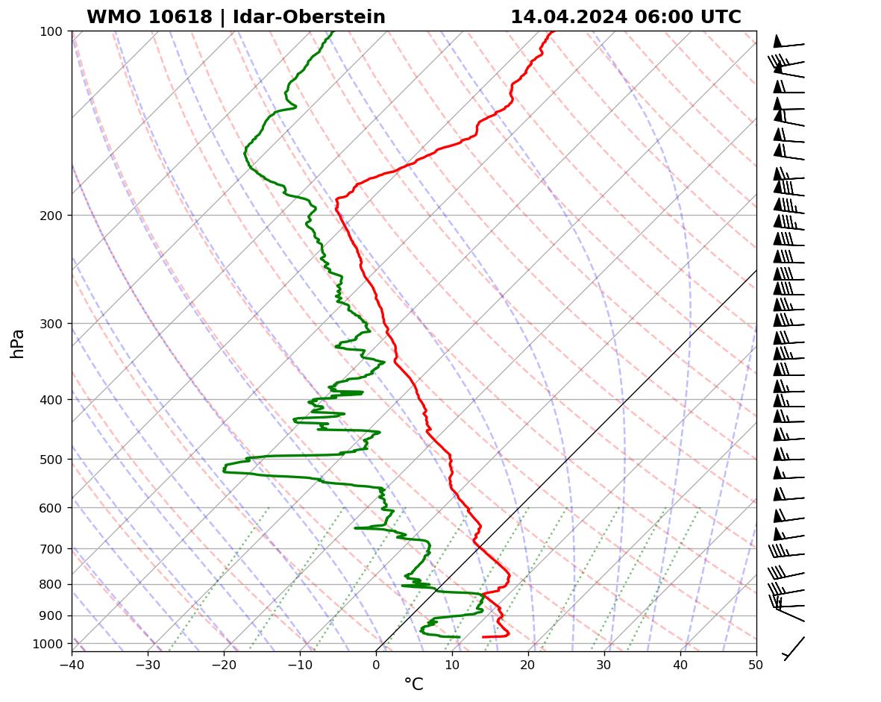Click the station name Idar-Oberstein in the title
(309, 17)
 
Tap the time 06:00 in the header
(662, 17)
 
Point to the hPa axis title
(17, 343)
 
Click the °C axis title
(413, 684)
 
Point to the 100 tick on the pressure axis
(55, 31)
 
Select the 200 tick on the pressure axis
(55, 216)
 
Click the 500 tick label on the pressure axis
(55, 460)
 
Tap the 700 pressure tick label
(55, 549)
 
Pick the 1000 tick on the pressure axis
(53, 643)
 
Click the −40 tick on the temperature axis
(72, 664)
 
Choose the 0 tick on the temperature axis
(376, 664)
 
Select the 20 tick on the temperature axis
(528, 664)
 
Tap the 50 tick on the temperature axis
(756, 664)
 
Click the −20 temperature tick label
(224, 664)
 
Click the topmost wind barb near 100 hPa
(788, 43)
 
